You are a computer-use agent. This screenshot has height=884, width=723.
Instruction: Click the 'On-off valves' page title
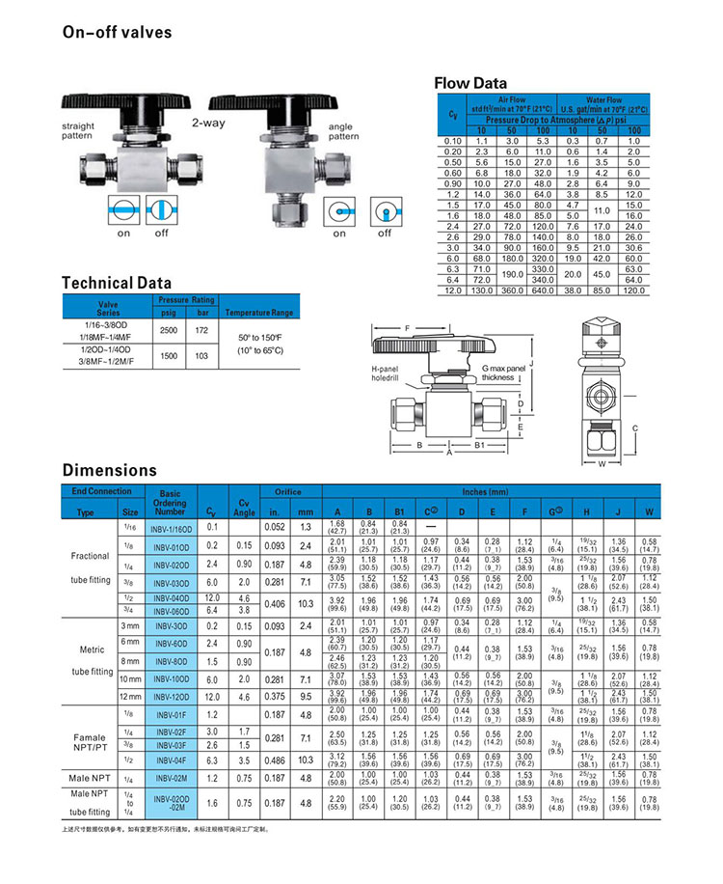point(117,33)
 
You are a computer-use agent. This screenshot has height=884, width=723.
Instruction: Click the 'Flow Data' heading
point(472,83)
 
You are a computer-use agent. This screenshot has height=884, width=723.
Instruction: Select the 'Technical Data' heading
point(116,283)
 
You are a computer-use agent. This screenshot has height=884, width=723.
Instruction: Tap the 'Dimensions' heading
point(109,471)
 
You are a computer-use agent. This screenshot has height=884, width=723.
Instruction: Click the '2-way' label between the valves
point(207,124)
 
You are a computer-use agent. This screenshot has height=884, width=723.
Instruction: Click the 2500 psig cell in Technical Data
point(169,330)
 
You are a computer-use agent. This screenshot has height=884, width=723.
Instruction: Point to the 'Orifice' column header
point(287,491)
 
